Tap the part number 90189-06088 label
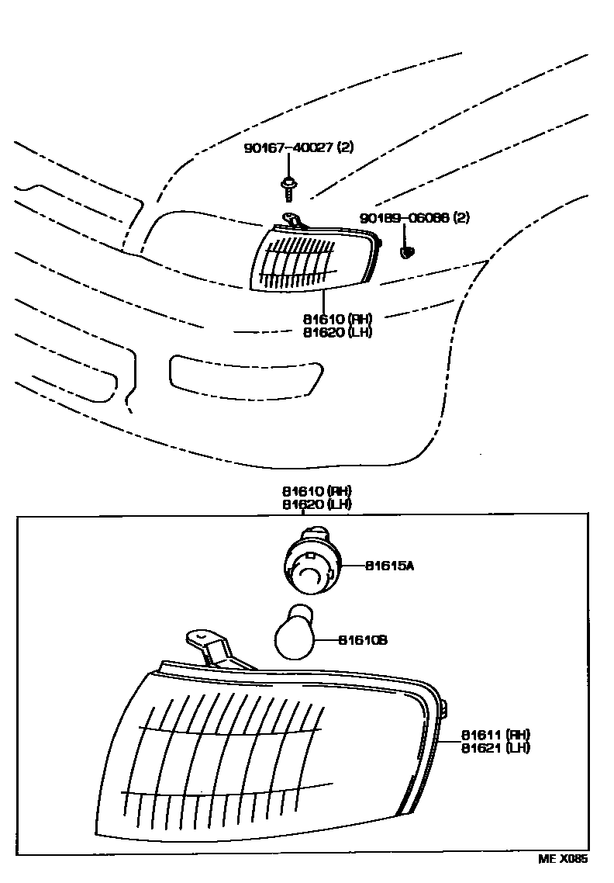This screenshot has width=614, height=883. (x=414, y=219)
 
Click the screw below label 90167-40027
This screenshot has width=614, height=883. (x=288, y=186)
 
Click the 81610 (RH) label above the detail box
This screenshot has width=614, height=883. (x=317, y=491)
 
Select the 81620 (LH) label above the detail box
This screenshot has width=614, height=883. (x=317, y=504)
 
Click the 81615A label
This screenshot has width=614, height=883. (x=389, y=566)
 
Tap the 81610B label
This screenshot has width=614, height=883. (x=362, y=640)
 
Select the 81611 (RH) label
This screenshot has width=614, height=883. (x=495, y=735)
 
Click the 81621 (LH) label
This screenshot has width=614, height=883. (x=495, y=747)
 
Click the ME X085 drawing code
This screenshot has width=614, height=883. (x=564, y=860)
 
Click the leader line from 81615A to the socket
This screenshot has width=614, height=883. (x=353, y=566)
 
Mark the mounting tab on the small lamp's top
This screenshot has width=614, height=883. (x=291, y=220)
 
